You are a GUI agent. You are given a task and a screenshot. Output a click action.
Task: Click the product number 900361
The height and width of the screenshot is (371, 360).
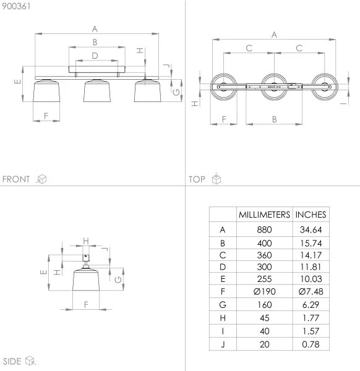(x=15, y=6)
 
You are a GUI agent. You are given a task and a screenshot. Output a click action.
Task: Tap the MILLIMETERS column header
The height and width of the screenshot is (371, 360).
(x=264, y=215)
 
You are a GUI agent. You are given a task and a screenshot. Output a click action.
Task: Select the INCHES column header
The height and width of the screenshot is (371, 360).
(x=311, y=215)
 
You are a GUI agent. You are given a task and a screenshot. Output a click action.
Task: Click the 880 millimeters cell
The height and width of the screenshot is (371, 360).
(x=264, y=229)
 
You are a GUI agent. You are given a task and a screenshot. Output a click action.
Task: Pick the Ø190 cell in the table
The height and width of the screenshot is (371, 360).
(x=264, y=291)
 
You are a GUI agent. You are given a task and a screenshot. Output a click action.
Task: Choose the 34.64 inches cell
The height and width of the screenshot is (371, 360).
(x=311, y=229)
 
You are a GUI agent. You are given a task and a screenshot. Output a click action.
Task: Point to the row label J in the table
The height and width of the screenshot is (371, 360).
(x=222, y=344)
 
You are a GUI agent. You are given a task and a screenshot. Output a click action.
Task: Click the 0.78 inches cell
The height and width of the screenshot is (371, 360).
(x=311, y=344)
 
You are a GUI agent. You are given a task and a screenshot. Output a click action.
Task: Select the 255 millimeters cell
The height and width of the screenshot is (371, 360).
(x=264, y=276)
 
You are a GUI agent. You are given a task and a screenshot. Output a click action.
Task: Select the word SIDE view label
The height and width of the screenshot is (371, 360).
(x=13, y=361)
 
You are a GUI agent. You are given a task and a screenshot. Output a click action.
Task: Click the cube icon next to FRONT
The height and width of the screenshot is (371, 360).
(x=42, y=179)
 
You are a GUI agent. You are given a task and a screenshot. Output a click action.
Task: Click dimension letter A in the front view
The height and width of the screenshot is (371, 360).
(x=95, y=28)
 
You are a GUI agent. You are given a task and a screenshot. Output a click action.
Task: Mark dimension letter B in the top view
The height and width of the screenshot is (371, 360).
(x=273, y=119)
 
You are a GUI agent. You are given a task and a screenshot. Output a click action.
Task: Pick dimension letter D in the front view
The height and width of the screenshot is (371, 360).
(x=95, y=56)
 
